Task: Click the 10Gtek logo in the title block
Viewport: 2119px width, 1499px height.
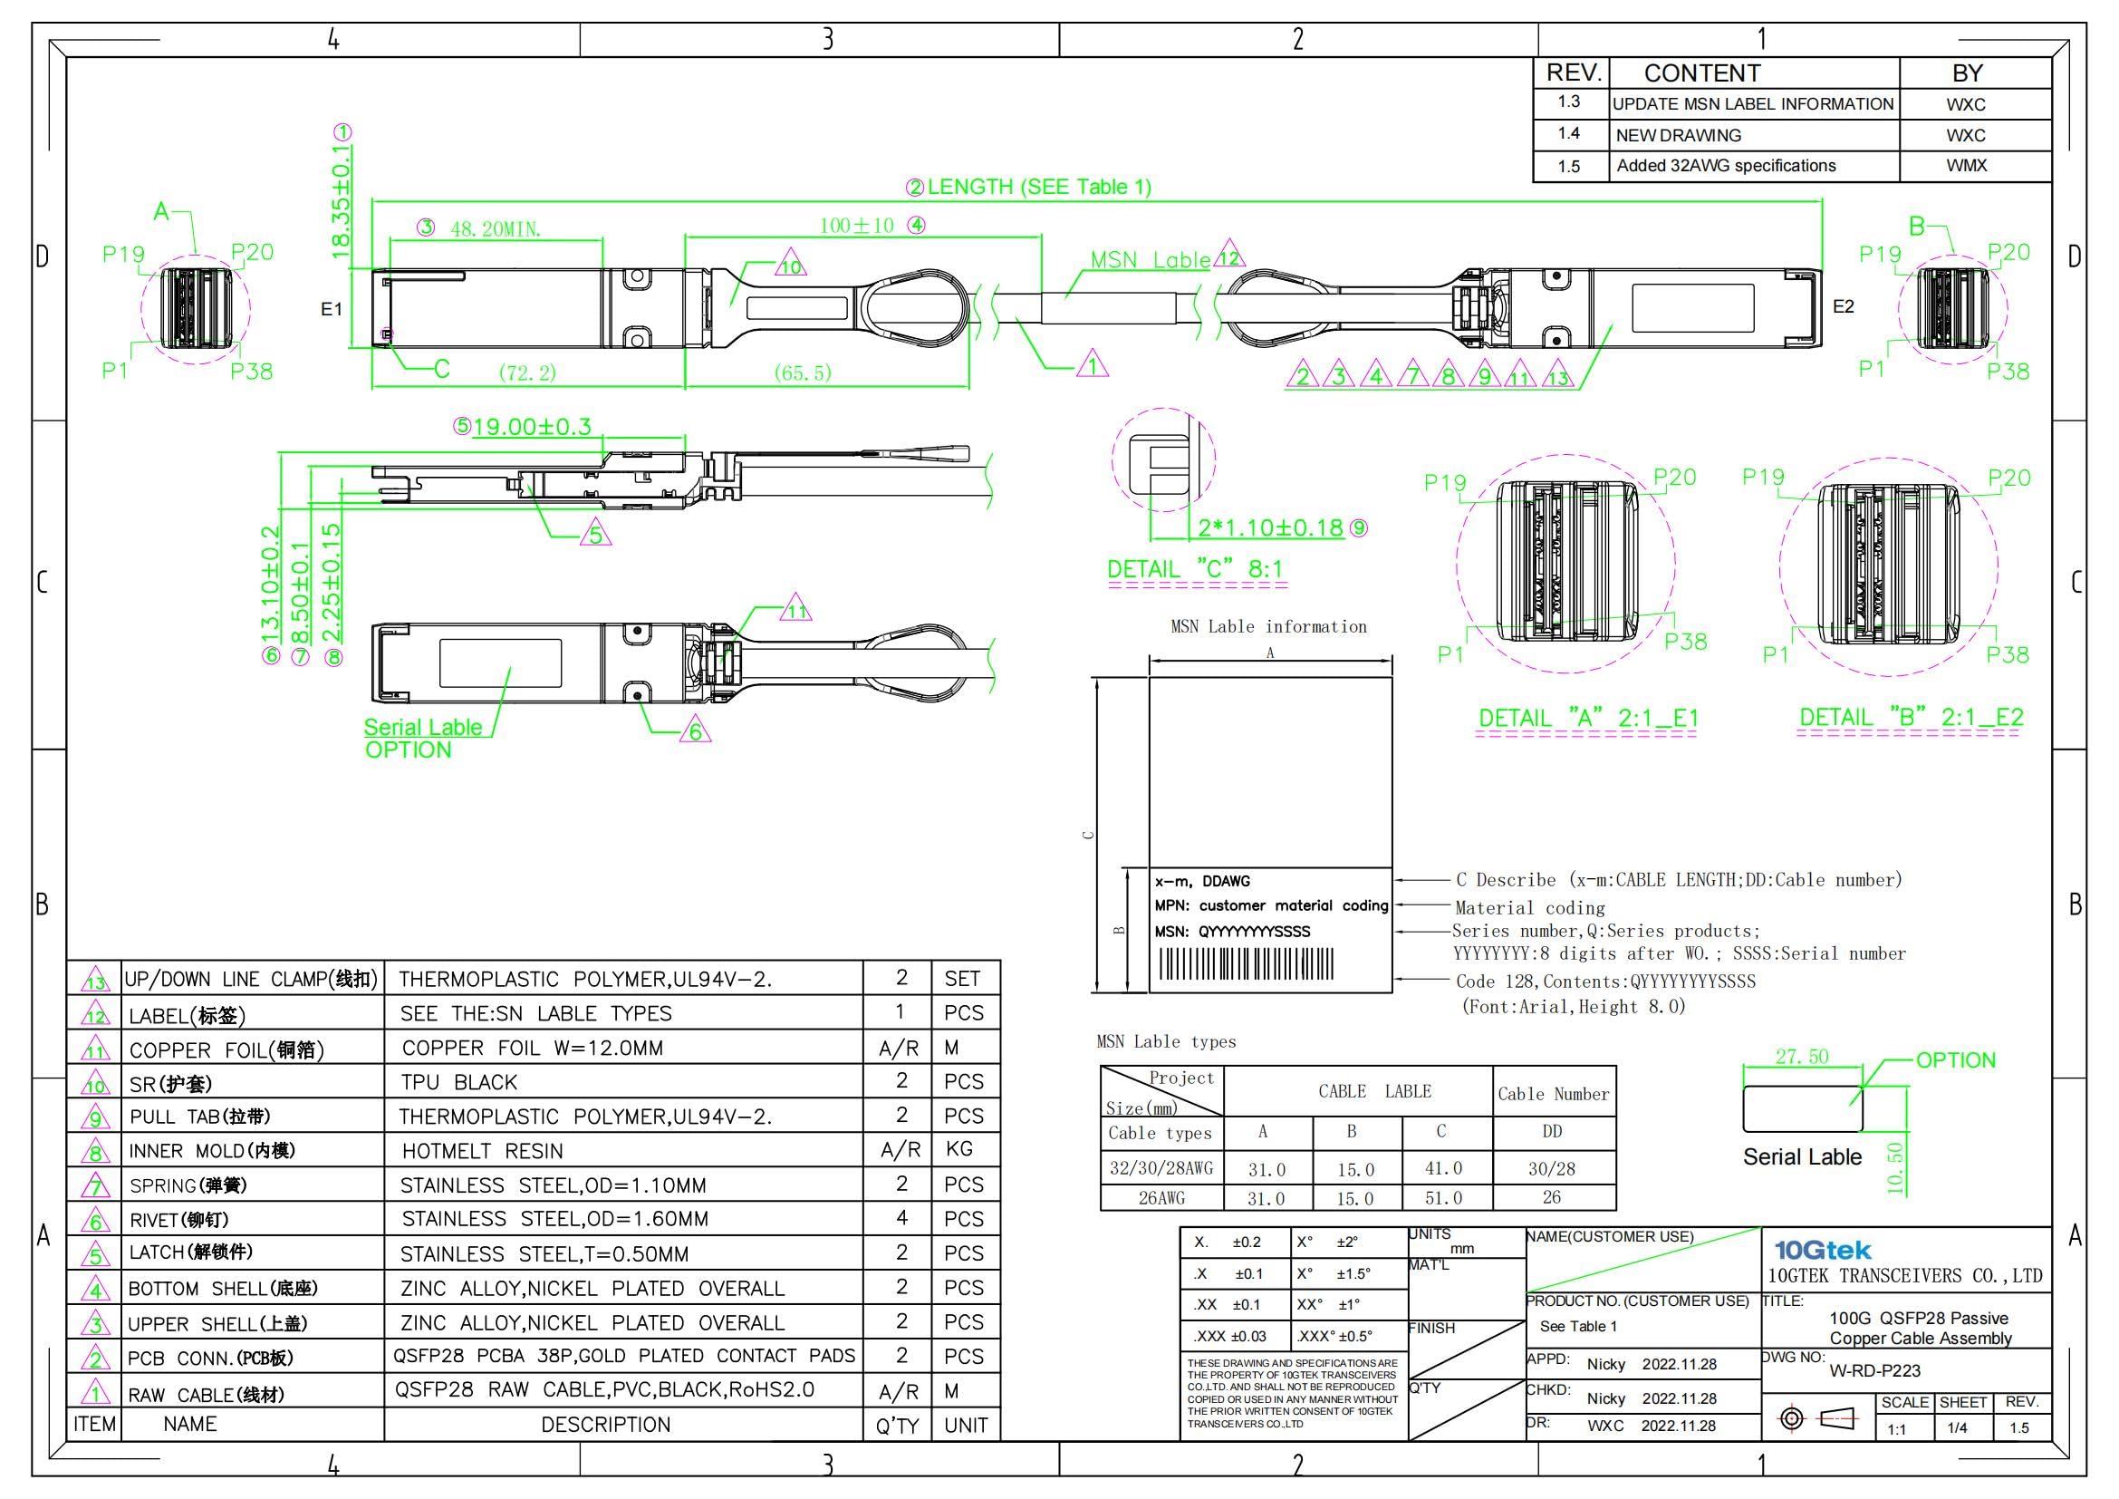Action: (1822, 1250)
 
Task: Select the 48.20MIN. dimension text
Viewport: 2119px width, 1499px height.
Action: (496, 229)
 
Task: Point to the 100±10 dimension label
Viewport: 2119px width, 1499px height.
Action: (856, 226)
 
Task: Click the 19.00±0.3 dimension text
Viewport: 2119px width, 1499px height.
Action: (532, 427)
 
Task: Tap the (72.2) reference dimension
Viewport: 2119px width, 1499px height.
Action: (528, 372)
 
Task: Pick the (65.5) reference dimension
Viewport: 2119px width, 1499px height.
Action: (802, 372)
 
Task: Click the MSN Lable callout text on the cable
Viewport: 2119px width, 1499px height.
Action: (1150, 260)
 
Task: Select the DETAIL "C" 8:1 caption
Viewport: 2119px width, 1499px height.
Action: (1195, 569)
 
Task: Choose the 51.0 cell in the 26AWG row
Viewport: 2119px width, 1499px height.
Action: (1443, 1198)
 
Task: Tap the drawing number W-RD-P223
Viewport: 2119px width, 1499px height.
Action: (1874, 1370)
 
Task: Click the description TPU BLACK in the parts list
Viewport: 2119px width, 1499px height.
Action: (458, 1082)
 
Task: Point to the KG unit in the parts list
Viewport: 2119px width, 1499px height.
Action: (958, 1149)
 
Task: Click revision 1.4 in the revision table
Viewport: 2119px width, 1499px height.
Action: (1569, 134)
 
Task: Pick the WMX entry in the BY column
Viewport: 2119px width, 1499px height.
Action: (1966, 166)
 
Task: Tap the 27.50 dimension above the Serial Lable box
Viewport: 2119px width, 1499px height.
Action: (1802, 1057)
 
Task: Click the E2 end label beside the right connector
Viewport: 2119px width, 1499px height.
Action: (1843, 306)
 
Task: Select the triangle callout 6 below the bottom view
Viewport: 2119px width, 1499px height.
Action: (696, 733)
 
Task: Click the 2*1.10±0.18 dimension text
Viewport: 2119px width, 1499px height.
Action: (1270, 528)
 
